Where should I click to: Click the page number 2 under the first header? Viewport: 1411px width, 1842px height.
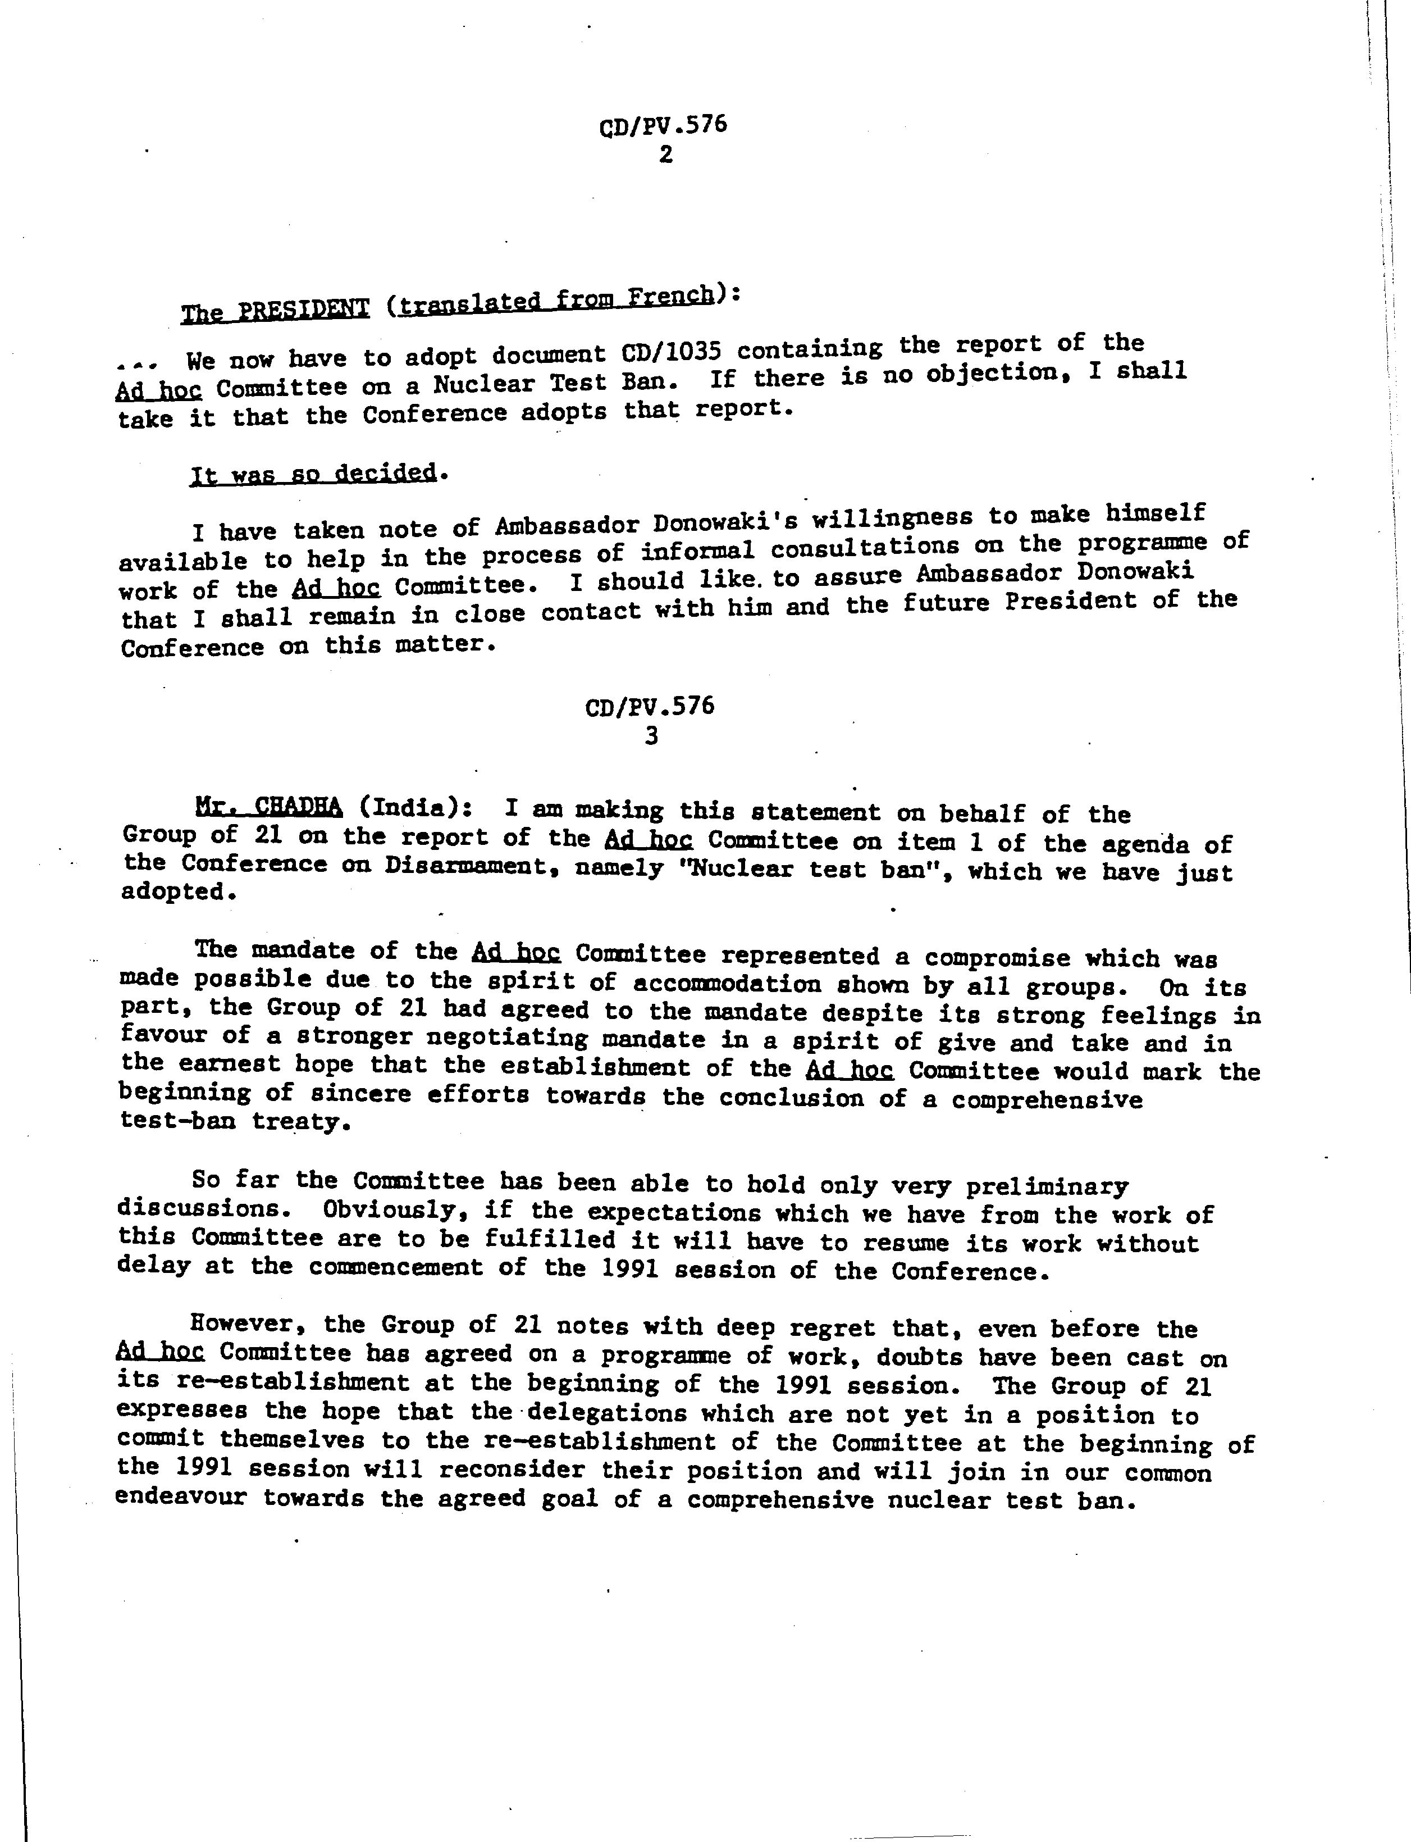pyautogui.click(x=665, y=154)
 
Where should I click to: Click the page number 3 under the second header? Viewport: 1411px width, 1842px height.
pyautogui.click(x=651, y=736)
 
